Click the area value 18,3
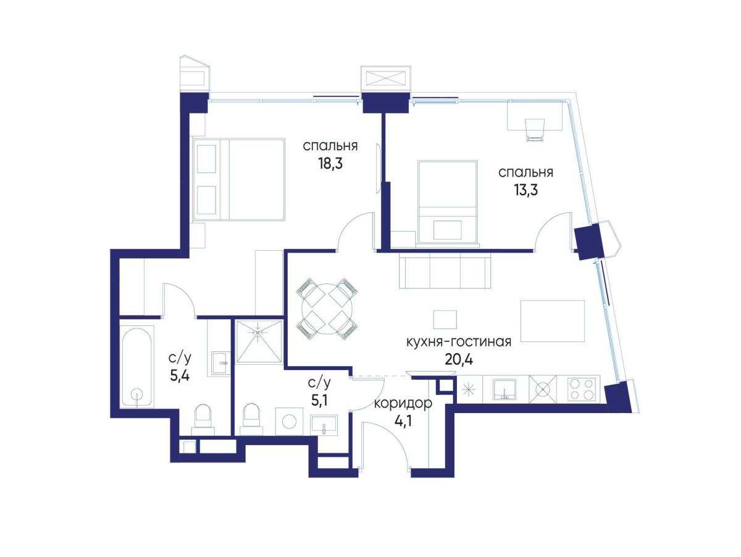[x=330, y=164]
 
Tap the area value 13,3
[x=525, y=190]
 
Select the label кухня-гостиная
[x=458, y=342]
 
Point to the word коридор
[x=403, y=403]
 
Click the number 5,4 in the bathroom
[x=180, y=375]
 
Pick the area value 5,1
[x=319, y=400]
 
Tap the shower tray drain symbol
[x=258, y=332]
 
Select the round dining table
[x=327, y=309]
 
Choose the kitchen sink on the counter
[x=504, y=389]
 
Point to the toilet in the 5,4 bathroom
[x=203, y=420]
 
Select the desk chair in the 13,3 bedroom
[x=535, y=130]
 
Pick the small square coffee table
[x=445, y=319]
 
